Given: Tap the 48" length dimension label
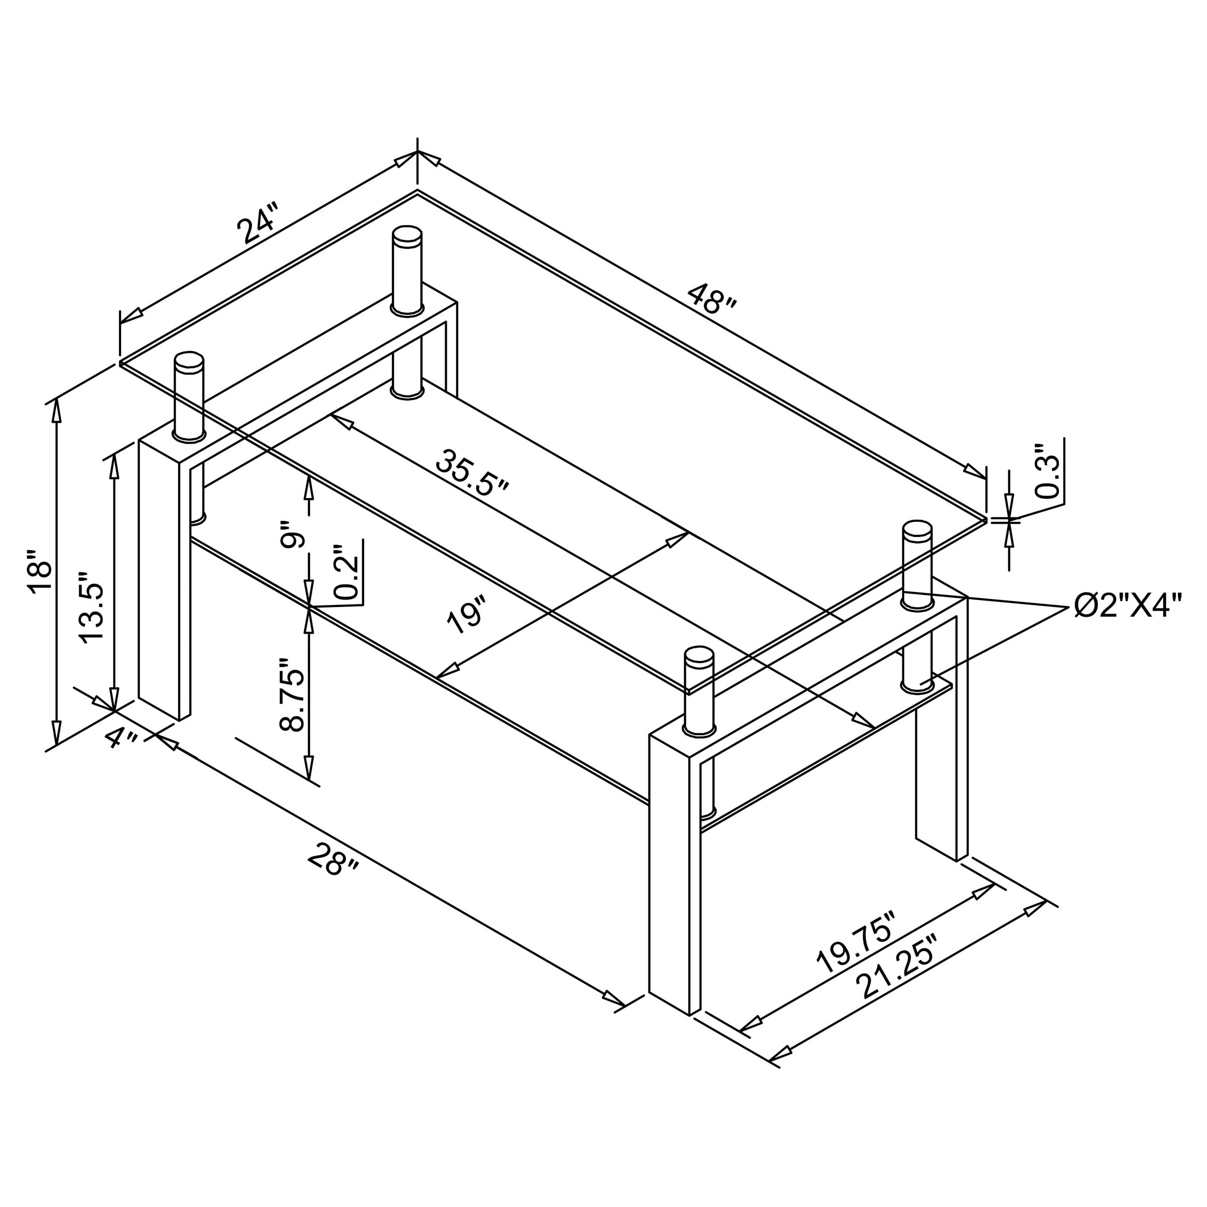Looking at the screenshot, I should (712, 300).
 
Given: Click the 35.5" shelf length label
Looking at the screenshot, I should (472, 472).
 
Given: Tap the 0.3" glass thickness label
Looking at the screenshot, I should (1048, 472).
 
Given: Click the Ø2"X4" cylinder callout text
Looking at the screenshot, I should (1128, 605).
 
